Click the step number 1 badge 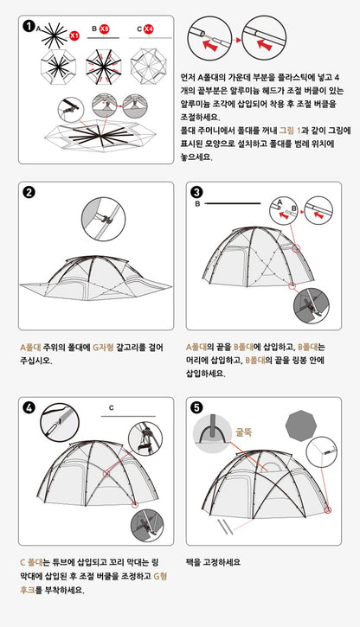(x=30, y=27)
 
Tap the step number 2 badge (x=30, y=192)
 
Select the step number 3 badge (x=197, y=192)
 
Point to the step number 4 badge (x=30, y=408)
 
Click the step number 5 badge (x=197, y=408)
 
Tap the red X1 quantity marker (x=74, y=35)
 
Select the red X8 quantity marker (x=105, y=29)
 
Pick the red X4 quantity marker (x=148, y=29)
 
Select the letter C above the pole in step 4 (x=112, y=406)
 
